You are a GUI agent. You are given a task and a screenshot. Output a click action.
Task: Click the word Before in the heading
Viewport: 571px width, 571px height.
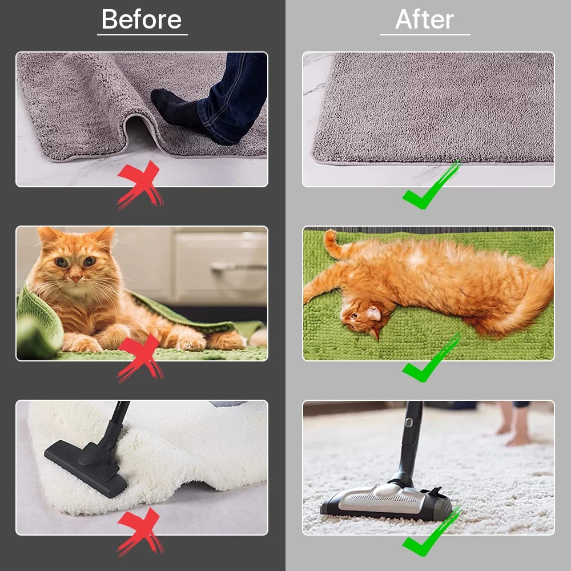(x=142, y=20)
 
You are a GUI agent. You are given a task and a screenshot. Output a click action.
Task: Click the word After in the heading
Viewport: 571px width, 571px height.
(x=425, y=20)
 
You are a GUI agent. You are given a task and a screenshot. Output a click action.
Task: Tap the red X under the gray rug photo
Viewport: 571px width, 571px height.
(x=140, y=184)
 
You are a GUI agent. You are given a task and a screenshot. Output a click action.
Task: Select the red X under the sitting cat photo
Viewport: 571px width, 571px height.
(x=140, y=357)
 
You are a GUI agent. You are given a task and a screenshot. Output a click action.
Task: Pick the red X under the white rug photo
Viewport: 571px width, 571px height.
(x=140, y=532)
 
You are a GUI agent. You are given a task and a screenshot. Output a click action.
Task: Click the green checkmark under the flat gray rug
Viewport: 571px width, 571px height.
(x=431, y=186)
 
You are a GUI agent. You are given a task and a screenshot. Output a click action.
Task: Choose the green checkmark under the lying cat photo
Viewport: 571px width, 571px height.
(x=431, y=359)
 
